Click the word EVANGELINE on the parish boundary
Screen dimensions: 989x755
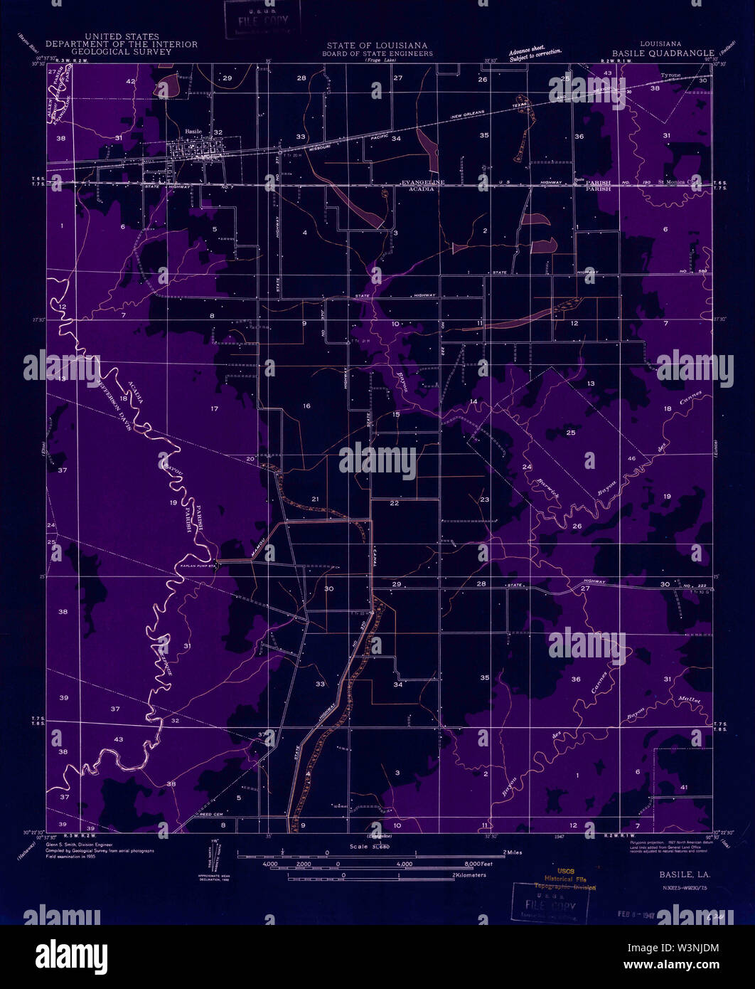point(422,183)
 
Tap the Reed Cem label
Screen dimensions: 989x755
point(213,814)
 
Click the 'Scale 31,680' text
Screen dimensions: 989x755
point(369,846)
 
